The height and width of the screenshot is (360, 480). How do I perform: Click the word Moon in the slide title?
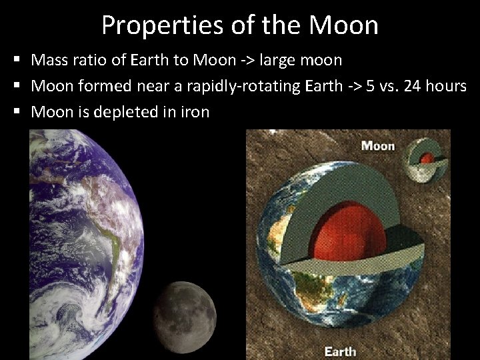tap(343, 25)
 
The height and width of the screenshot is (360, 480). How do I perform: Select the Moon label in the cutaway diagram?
tap(377, 145)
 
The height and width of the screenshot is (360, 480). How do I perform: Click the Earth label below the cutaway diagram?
tap(339, 350)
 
